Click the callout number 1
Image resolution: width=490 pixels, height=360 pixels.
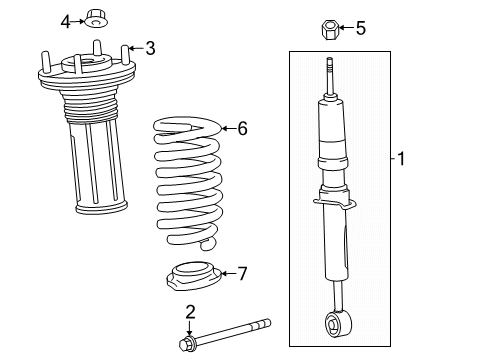point(402,157)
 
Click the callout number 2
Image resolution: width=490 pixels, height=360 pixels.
point(190,311)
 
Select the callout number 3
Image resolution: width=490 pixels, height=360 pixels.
point(150,47)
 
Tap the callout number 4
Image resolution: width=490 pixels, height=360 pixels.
point(65,20)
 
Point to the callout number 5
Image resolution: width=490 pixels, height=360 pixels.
point(361,29)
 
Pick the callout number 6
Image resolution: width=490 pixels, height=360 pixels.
point(240,128)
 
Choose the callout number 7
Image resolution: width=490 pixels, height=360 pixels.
point(240,273)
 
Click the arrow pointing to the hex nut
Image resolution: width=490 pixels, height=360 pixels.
point(345,29)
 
